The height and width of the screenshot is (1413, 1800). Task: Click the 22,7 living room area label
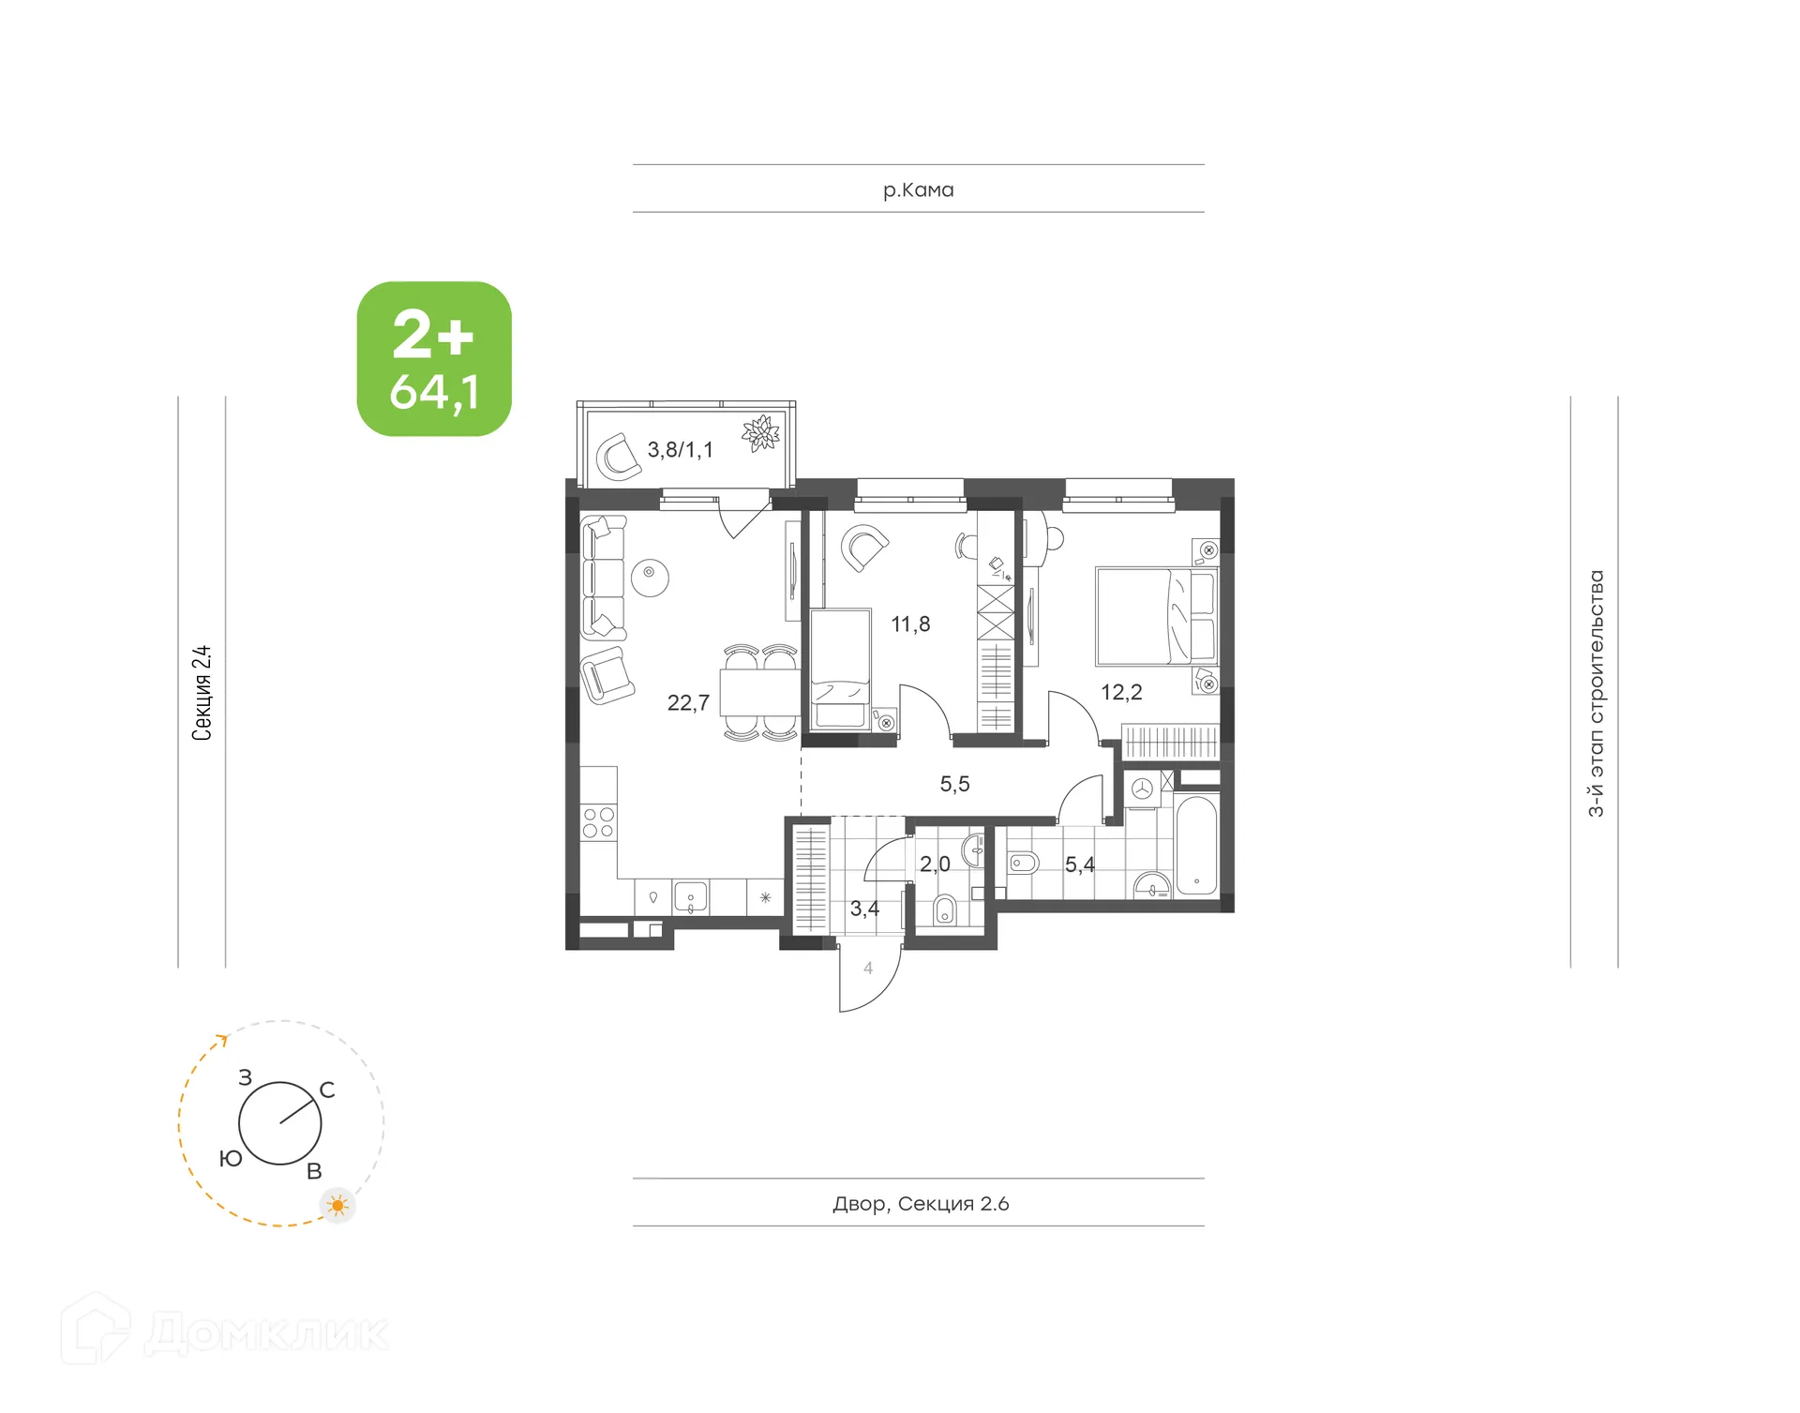coord(687,703)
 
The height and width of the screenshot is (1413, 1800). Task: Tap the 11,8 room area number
coord(909,624)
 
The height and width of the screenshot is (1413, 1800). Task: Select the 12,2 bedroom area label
coord(1120,693)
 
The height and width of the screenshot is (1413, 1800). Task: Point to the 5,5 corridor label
coord(954,784)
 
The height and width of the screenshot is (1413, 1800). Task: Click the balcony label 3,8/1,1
coord(680,450)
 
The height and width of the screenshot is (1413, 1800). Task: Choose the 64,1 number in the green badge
coord(434,392)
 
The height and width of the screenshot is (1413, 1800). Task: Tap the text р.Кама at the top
coord(918,190)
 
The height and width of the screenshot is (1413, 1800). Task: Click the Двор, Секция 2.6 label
coord(920,1204)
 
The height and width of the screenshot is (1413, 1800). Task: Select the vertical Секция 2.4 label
coord(202,693)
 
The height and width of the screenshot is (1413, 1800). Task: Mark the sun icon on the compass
coord(337,1205)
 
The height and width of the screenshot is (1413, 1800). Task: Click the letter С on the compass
coord(327,1090)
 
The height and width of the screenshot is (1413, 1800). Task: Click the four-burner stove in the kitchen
coord(598,822)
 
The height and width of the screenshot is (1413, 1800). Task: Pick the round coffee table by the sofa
coord(650,577)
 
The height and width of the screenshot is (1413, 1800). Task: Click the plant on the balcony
coord(760,433)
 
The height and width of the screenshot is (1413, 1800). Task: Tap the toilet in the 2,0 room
coord(945,909)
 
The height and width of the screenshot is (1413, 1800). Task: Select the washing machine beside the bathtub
coord(1141,789)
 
